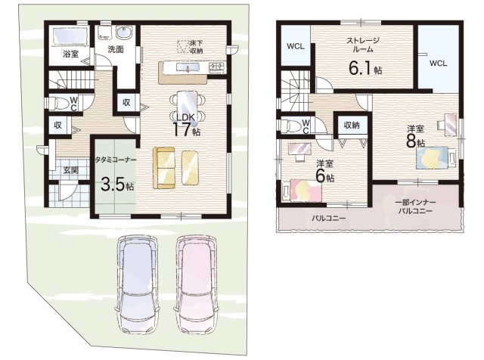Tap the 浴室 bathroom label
pyautogui.click(x=70, y=54)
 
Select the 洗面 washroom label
pyautogui.click(x=116, y=49)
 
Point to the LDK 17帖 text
pyautogui.click(x=185, y=125)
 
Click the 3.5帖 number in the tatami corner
pyautogui.click(x=117, y=185)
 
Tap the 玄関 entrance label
pyautogui.click(x=70, y=170)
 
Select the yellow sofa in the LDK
pyautogui.click(x=164, y=168)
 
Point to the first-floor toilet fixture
pyautogui.click(x=59, y=104)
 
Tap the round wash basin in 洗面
pyautogui.click(x=124, y=33)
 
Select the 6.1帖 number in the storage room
pyautogui.click(x=365, y=68)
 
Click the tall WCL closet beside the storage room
pyautogui.click(x=438, y=59)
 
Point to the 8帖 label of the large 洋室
pyautogui.click(x=415, y=141)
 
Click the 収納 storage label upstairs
pyautogui.click(x=352, y=125)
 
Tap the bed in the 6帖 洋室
pyautogui.click(x=302, y=191)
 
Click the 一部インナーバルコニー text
pyautogui.click(x=415, y=206)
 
